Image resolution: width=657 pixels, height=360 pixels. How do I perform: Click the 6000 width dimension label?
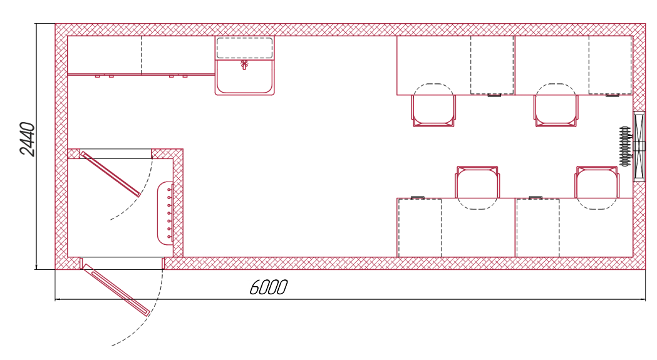[x=268, y=287]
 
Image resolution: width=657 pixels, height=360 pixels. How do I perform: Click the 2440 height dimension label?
[x=27, y=139]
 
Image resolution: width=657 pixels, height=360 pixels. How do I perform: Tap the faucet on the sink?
[x=244, y=64]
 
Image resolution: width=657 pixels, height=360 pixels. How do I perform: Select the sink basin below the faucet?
[x=245, y=77]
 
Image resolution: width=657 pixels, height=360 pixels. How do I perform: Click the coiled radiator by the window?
[x=625, y=147]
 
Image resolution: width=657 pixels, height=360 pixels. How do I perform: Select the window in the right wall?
[x=639, y=147]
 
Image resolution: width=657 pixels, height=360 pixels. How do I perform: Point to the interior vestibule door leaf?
[x=111, y=174]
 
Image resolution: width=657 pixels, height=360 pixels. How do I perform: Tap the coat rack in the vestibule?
[x=165, y=213]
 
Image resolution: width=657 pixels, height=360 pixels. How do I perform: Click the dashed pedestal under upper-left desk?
[x=492, y=65]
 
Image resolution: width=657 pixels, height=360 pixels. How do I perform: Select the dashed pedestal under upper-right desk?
[x=610, y=65]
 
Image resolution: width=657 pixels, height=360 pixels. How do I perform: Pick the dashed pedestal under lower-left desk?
[x=420, y=227]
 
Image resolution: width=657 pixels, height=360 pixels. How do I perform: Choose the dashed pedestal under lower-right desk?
[x=538, y=227]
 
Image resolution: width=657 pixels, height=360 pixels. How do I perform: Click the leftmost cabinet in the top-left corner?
[x=105, y=55]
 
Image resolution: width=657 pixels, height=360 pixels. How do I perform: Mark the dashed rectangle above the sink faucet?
[x=245, y=48]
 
